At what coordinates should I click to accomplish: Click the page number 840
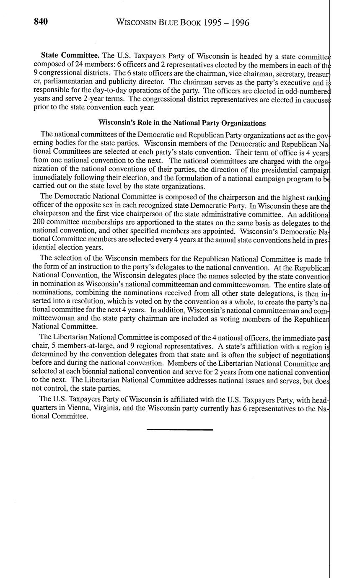[x=41, y=22]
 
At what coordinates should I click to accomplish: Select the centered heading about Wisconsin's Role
[x=182, y=123]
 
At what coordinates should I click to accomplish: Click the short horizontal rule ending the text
[x=180, y=430]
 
